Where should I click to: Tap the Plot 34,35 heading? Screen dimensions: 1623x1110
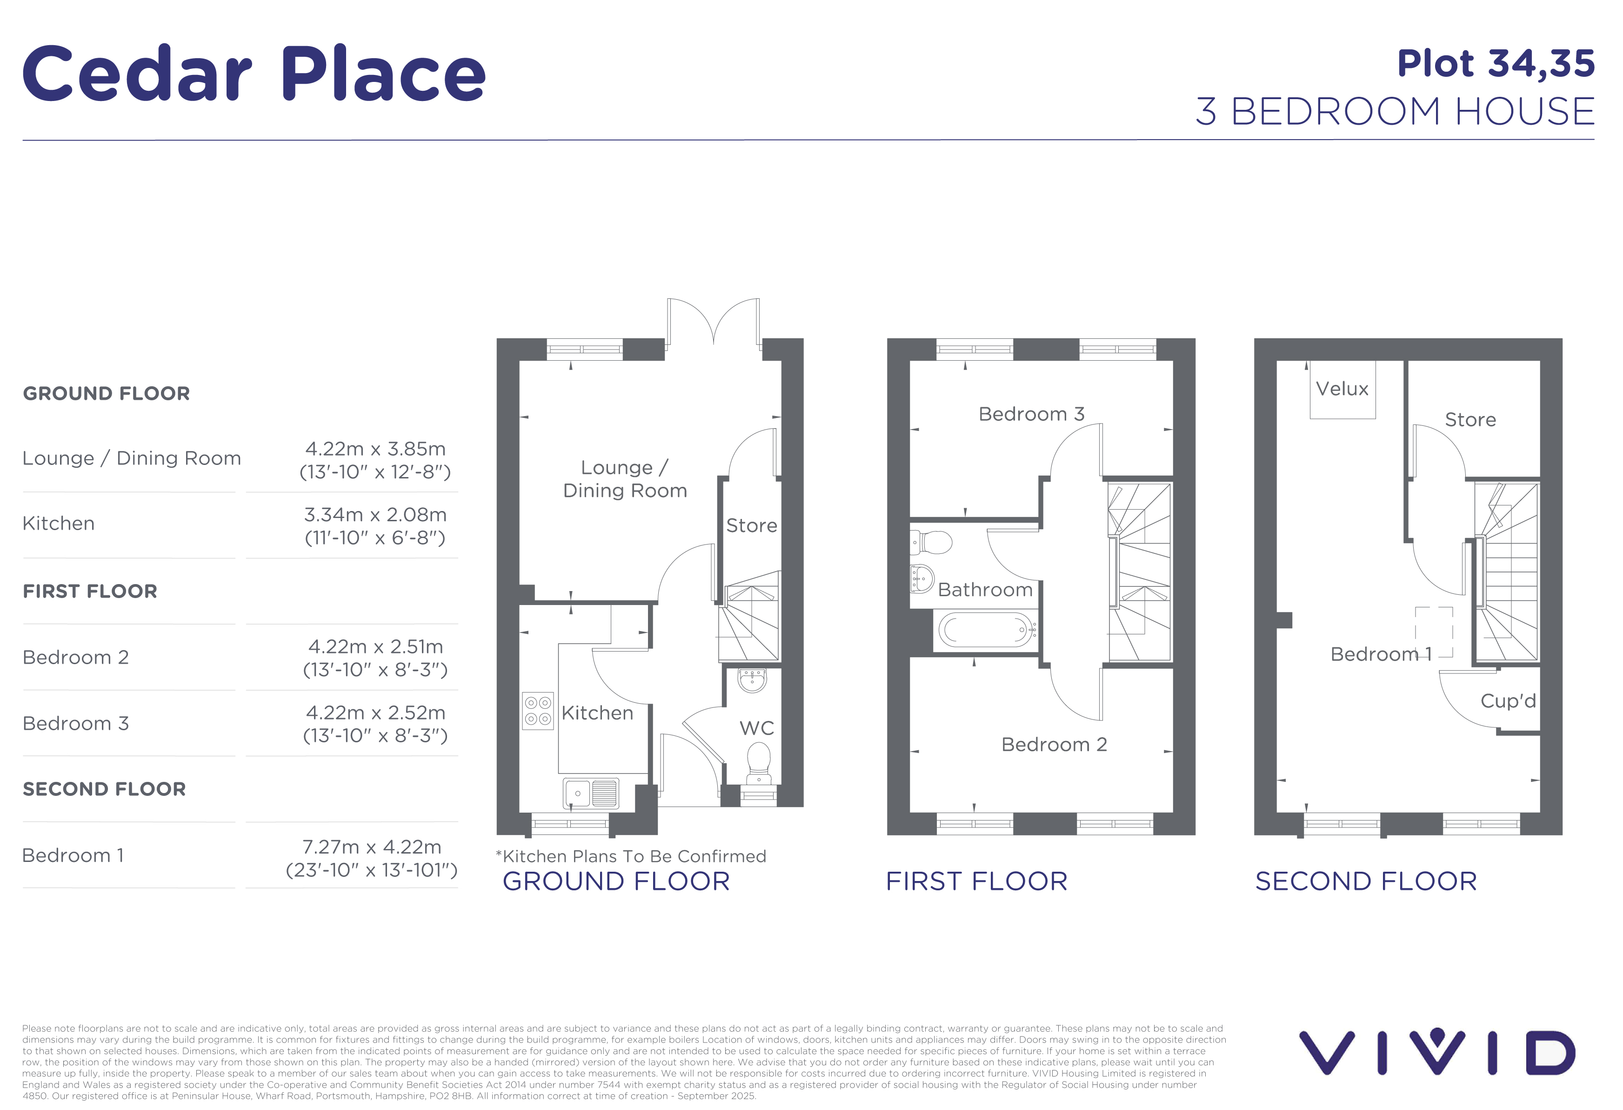tap(1496, 64)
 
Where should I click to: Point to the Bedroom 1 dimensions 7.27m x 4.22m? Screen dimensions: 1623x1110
tap(372, 847)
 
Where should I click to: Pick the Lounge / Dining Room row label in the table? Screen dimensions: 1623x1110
tap(132, 458)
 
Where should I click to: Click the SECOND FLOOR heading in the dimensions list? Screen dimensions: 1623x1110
tap(105, 789)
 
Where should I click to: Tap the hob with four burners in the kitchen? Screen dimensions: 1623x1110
tap(538, 710)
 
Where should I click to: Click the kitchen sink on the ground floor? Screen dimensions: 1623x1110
tap(591, 794)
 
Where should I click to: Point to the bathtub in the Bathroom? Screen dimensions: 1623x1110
tap(986, 630)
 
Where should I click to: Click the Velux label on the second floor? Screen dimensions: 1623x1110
tap(1342, 389)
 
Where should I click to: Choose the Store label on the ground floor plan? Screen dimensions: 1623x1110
tap(751, 525)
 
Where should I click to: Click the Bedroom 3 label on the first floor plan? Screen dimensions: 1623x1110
tap(1031, 414)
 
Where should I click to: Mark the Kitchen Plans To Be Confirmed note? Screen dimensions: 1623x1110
tap(631, 856)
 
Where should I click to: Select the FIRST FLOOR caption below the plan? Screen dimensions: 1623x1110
tap(977, 881)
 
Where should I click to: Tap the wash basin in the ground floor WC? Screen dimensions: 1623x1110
tap(752, 679)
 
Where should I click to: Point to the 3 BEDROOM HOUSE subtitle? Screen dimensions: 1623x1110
tap(1396, 112)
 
